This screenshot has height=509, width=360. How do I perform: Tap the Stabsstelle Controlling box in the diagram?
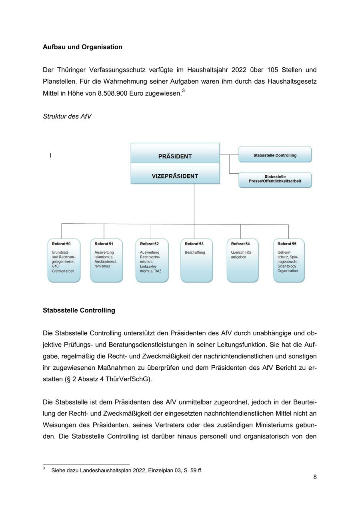(x=275, y=155)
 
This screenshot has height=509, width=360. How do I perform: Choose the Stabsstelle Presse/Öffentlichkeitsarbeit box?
(x=275, y=179)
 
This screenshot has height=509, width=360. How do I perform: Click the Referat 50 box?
(x=64, y=261)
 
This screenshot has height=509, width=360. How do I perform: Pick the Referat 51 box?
(x=106, y=261)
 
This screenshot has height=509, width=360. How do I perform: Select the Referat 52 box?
(x=152, y=261)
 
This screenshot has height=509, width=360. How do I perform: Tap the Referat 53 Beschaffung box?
(x=196, y=261)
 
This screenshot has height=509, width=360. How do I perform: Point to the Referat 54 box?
(x=242, y=261)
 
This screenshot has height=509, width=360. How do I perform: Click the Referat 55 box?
(x=289, y=261)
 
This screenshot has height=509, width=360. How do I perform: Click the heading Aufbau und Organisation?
(x=82, y=47)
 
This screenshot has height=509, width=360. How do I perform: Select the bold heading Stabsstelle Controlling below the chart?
(x=79, y=311)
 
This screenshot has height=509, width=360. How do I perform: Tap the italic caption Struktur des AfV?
(x=67, y=116)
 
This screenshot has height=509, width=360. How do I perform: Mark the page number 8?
(x=315, y=477)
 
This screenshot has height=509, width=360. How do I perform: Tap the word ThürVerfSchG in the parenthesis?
(x=132, y=379)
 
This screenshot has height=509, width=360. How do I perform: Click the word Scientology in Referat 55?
(x=287, y=266)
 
